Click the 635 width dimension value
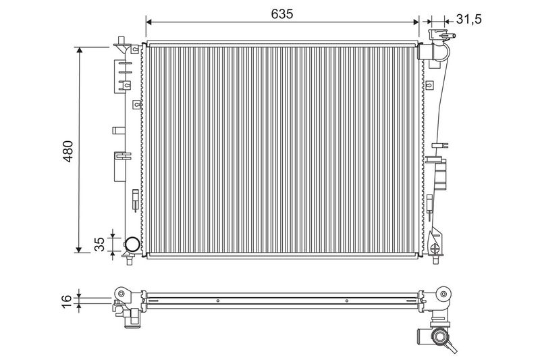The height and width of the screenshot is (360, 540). (281, 14)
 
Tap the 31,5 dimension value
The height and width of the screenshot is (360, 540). (468, 20)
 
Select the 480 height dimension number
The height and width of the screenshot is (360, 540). (68, 151)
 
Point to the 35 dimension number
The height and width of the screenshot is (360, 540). (99, 245)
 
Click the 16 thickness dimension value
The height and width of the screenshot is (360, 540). (67, 301)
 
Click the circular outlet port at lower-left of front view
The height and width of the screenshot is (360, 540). (132, 245)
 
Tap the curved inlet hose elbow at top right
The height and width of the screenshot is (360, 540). (442, 52)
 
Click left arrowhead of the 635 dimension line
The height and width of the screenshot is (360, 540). (148, 22)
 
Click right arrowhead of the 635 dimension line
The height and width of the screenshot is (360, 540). (416, 22)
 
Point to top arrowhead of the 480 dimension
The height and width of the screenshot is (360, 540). (80, 50)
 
